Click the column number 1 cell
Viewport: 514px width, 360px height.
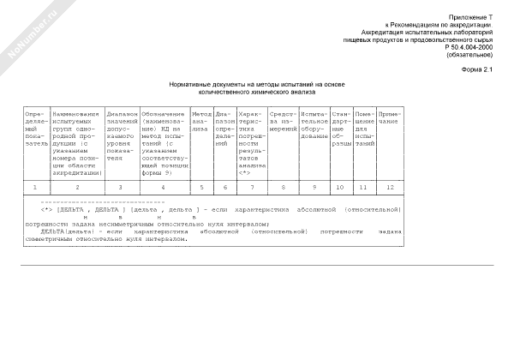35,186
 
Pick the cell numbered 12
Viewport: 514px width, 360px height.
390,186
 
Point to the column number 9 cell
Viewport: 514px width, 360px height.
314,186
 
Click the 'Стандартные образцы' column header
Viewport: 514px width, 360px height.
341,129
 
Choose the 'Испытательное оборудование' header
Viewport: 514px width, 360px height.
314,125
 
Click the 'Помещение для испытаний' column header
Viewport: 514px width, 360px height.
364,129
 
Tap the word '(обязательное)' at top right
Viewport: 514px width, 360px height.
470,53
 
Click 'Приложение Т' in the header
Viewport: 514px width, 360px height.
471,16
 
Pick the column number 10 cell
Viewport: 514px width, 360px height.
341,186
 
